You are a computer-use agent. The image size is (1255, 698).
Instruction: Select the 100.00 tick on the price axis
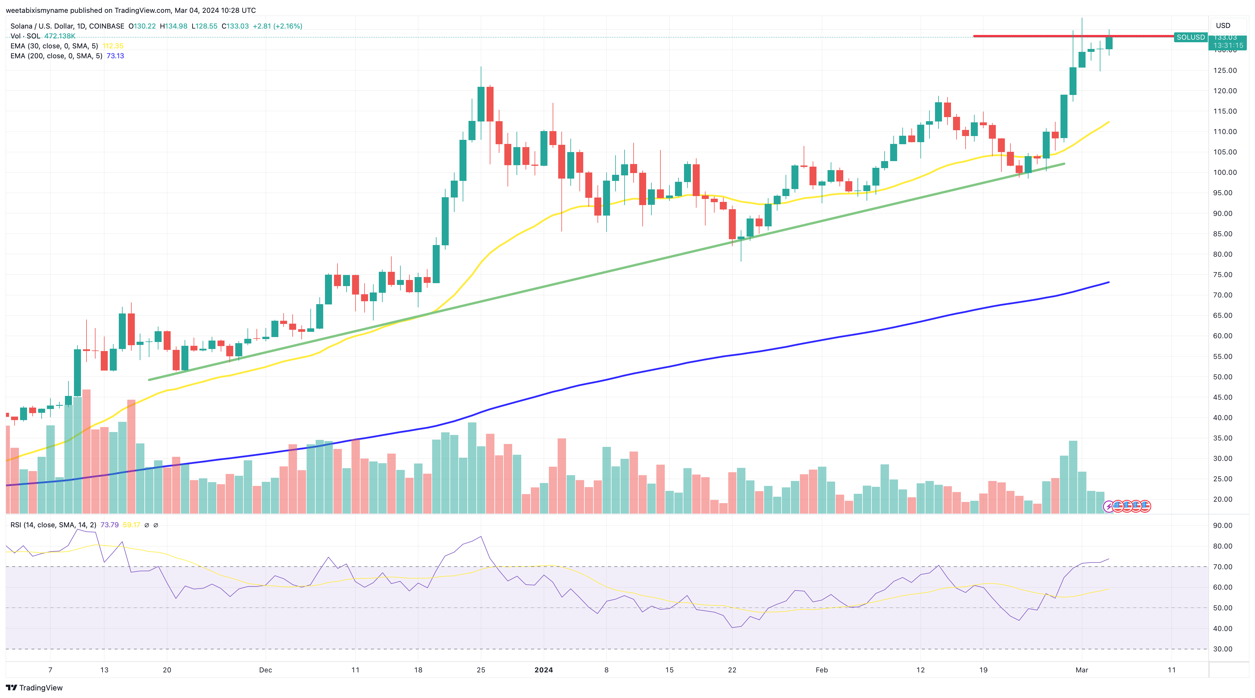click(x=1224, y=172)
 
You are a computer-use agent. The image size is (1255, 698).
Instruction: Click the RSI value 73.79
click(x=109, y=525)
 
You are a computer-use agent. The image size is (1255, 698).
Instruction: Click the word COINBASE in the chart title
click(x=106, y=26)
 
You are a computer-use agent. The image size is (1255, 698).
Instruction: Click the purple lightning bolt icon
click(x=1108, y=506)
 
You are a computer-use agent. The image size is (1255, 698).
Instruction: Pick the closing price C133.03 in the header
click(x=235, y=26)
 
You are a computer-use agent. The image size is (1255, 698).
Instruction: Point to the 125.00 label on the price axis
click(x=1224, y=71)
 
